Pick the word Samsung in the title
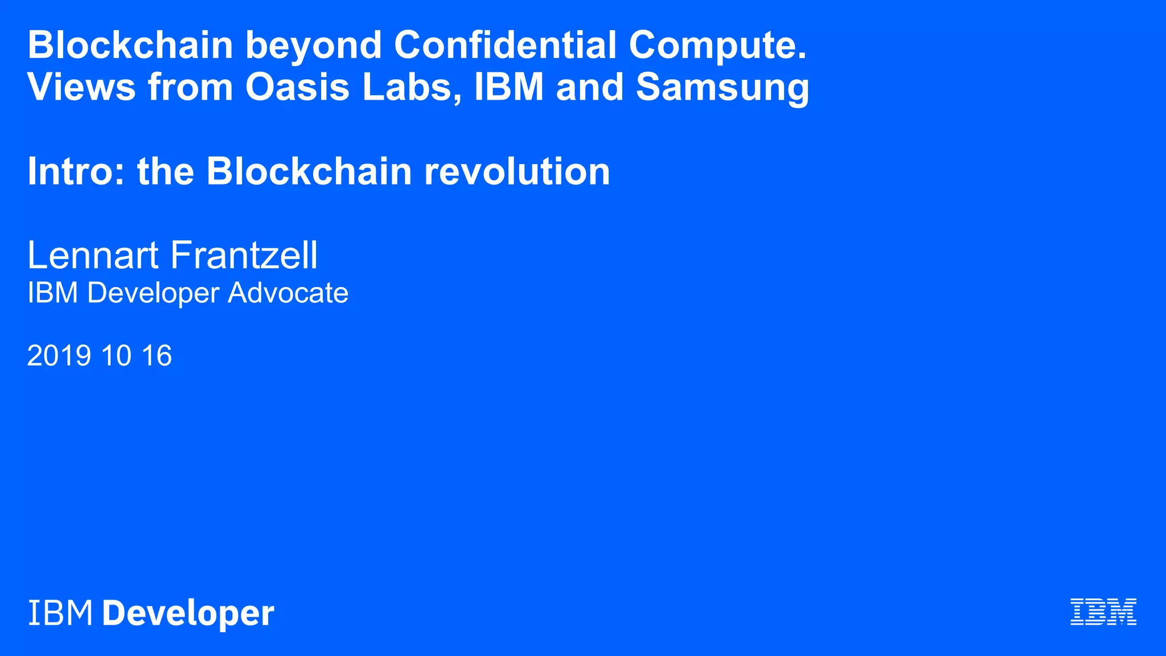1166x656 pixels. [x=722, y=88]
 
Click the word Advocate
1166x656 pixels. [x=288, y=293]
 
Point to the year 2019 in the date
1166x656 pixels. [x=59, y=355]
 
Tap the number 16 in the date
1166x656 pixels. [x=157, y=355]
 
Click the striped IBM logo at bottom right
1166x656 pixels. [x=1103, y=612]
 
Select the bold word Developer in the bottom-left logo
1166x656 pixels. [x=188, y=614]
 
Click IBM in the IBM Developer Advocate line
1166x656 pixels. [x=52, y=293]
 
